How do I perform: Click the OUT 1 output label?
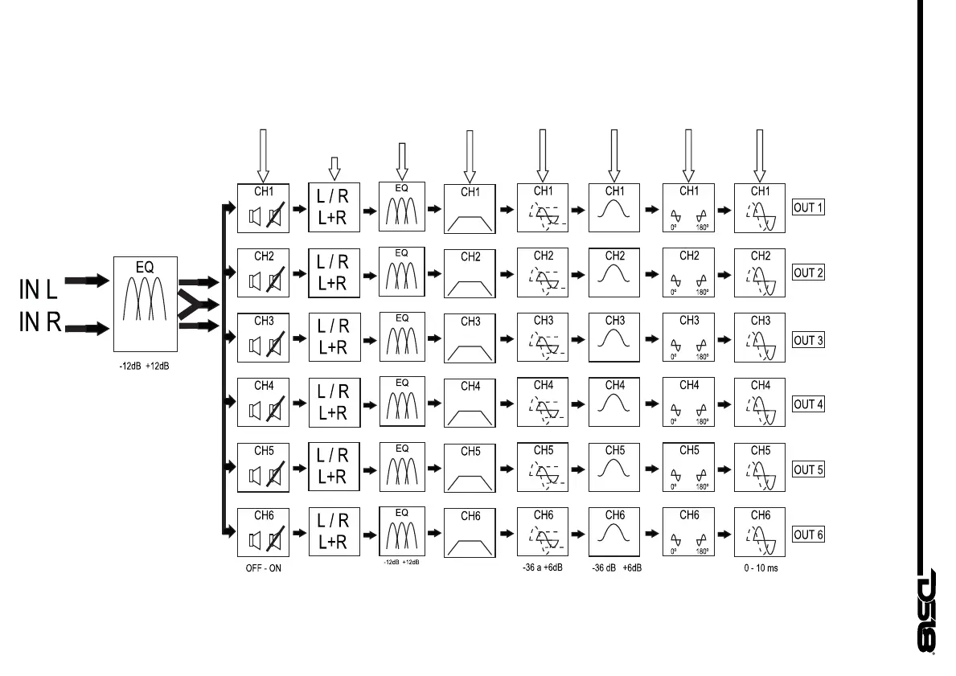pyautogui.click(x=808, y=207)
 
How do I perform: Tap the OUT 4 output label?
pyautogui.click(x=808, y=404)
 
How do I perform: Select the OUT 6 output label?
pyautogui.click(x=808, y=535)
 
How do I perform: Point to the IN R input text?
pyautogui.click(x=40, y=323)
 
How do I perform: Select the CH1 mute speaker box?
pyautogui.click(x=263, y=208)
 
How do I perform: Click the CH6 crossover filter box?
pyautogui.click(x=470, y=532)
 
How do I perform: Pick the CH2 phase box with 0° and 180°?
pyautogui.click(x=688, y=273)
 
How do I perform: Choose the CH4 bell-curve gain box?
pyautogui.click(x=614, y=402)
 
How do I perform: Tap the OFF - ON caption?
pyautogui.click(x=264, y=568)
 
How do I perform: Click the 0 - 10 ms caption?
pyautogui.click(x=760, y=568)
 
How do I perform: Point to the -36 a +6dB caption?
pyautogui.click(x=542, y=567)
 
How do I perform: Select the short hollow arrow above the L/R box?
pyautogui.click(x=334, y=166)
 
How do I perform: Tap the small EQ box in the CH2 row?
pyautogui.click(x=402, y=271)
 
